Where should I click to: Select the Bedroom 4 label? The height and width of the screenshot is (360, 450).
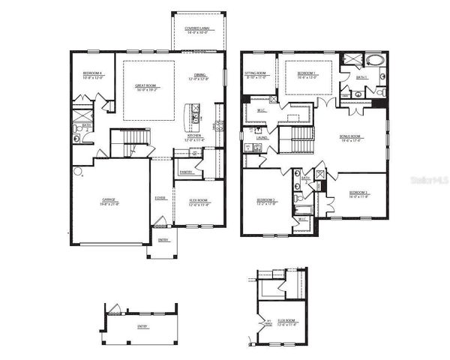pos(92,73)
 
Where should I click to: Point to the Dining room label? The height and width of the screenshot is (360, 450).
pos(200,76)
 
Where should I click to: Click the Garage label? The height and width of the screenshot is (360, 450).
pos(109,201)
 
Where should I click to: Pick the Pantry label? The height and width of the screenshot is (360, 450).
pos(184,172)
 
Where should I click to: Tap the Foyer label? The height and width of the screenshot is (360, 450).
pos(160,198)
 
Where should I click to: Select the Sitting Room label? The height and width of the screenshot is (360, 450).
pos(256,73)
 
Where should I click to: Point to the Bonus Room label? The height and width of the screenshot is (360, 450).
pos(351,138)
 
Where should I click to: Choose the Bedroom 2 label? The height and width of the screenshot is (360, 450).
pos(266,200)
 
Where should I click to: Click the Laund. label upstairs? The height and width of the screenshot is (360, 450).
pos(262,138)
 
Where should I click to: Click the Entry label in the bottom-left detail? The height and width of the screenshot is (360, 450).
pos(142,327)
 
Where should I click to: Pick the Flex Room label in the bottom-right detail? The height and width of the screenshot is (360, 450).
pos(286,321)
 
